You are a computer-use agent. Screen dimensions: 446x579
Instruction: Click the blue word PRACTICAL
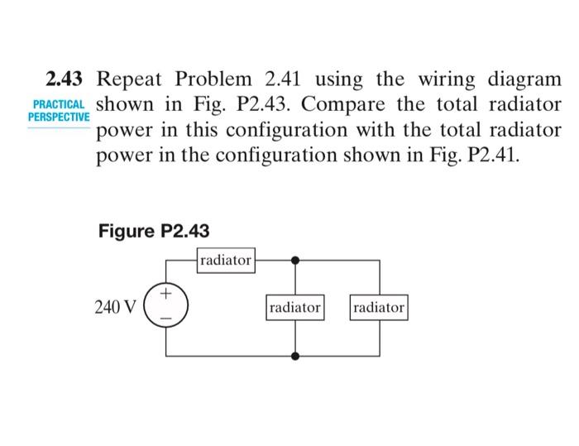pos(57,107)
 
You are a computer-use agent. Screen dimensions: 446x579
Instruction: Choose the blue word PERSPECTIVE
pos(57,118)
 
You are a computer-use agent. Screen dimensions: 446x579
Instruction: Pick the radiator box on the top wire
pos(226,260)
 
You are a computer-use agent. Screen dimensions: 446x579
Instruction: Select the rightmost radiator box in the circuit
pos(380,308)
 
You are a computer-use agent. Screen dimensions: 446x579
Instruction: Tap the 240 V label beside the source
pos(116,308)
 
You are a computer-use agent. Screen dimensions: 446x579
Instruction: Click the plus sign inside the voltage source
pos(166,294)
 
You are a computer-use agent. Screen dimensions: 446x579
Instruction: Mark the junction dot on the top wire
pos(295,260)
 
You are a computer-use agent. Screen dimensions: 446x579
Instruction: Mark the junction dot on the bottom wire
pos(295,356)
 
